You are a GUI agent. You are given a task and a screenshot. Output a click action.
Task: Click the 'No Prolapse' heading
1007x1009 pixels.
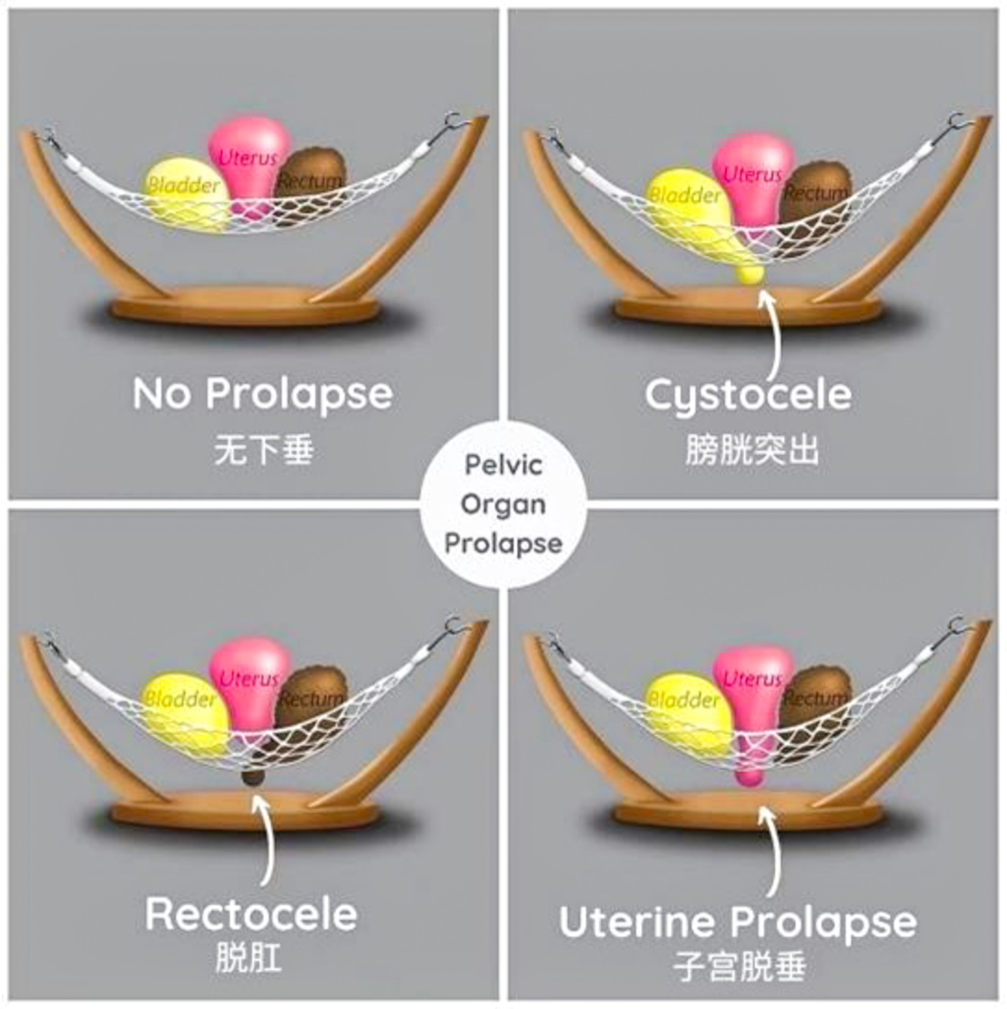pos(263,394)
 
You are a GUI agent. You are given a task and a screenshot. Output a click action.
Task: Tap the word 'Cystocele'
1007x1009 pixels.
pos(748,395)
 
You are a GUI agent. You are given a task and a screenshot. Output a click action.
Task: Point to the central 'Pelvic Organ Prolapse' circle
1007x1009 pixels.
pos(503,504)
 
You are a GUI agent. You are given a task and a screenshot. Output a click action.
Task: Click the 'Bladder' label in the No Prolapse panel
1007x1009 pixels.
pos(183,185)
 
